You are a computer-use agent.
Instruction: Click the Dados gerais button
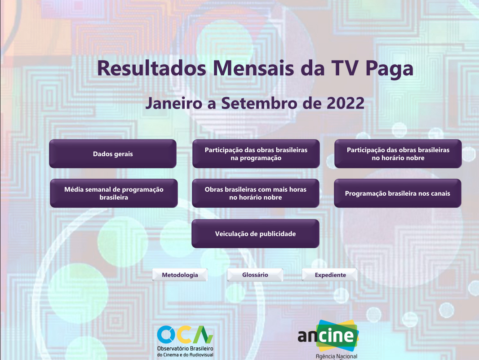[x=112, y=154]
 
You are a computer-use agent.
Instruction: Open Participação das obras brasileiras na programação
[x=256, y=154]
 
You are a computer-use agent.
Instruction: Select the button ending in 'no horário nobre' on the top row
[x=398, y=154]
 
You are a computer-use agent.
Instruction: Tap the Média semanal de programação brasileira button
[x=114, y=193]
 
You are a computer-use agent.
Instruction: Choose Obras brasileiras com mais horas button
[x=255, y=193]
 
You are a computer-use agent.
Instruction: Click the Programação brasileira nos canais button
[x=397, y=193]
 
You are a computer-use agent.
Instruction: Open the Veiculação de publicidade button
[x=255, y=233]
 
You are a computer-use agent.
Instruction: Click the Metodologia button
[x=180, y=275]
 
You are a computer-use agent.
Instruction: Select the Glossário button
[x=255, y=275]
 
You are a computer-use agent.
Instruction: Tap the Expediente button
[x=330, y=275]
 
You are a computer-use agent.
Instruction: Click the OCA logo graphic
[x=185, y=334]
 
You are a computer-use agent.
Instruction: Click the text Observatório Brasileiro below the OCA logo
[x=185, y=349]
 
